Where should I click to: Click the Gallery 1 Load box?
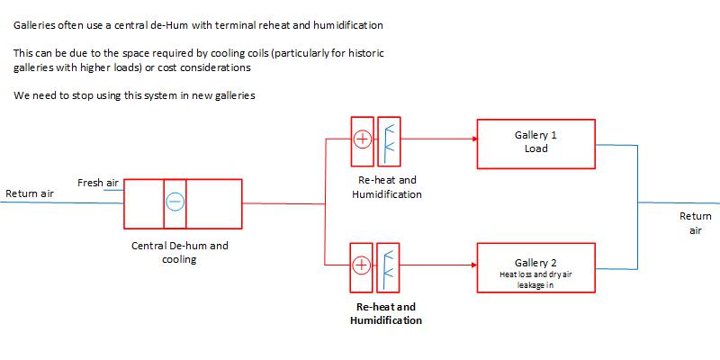[535, 142]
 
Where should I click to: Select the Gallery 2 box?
[535, 267]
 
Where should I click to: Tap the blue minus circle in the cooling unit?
[175, 204]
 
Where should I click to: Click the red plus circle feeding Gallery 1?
[362, 139]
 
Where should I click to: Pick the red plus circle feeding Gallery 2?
[362, 265]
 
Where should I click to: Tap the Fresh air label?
[98, 183]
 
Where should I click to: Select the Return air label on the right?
[695, 223]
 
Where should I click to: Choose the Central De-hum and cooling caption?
[180, 252]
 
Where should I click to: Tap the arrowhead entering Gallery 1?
[472, 139]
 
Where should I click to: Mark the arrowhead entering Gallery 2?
[472, 265]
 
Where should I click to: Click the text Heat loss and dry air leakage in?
[535, 279]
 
